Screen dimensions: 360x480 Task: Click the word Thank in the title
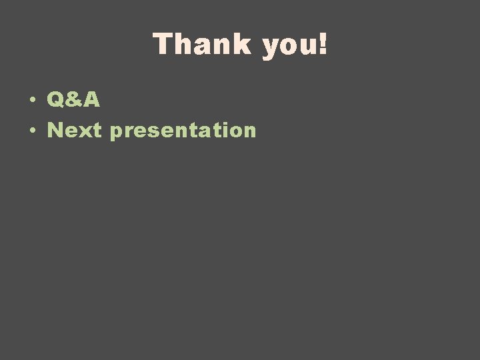pos(202,45)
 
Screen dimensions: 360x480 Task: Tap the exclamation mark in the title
pos(324,45)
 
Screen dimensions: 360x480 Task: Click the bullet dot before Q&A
pos(32,101)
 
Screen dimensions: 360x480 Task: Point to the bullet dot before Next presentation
pos(32,131)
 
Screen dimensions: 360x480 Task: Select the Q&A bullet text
pos(73,100)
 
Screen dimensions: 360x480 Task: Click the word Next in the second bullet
pos(74,130)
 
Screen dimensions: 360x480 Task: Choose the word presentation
pos(183,131)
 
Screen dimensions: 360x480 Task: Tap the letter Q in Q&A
pos(56,100)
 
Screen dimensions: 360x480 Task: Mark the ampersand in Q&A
pos(73,100)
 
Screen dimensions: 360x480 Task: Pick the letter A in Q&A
pos(91,100)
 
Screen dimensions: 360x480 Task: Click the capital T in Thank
pos(163,45)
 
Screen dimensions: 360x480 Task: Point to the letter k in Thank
pos(241,45)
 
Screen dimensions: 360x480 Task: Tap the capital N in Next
pos(56,130)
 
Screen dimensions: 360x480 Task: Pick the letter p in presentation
pos(117,133)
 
